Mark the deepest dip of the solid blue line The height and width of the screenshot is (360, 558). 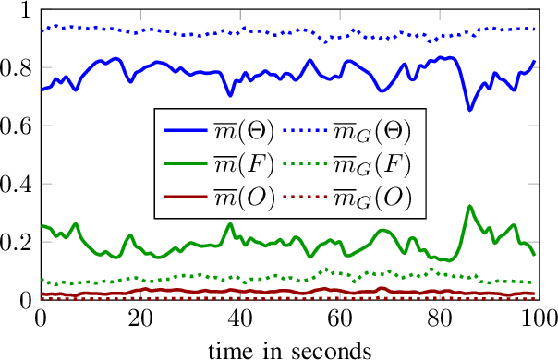pyautogui.click(x=469, y=110)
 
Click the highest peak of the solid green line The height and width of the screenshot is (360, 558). pyautogui.click(x=469, y=206)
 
